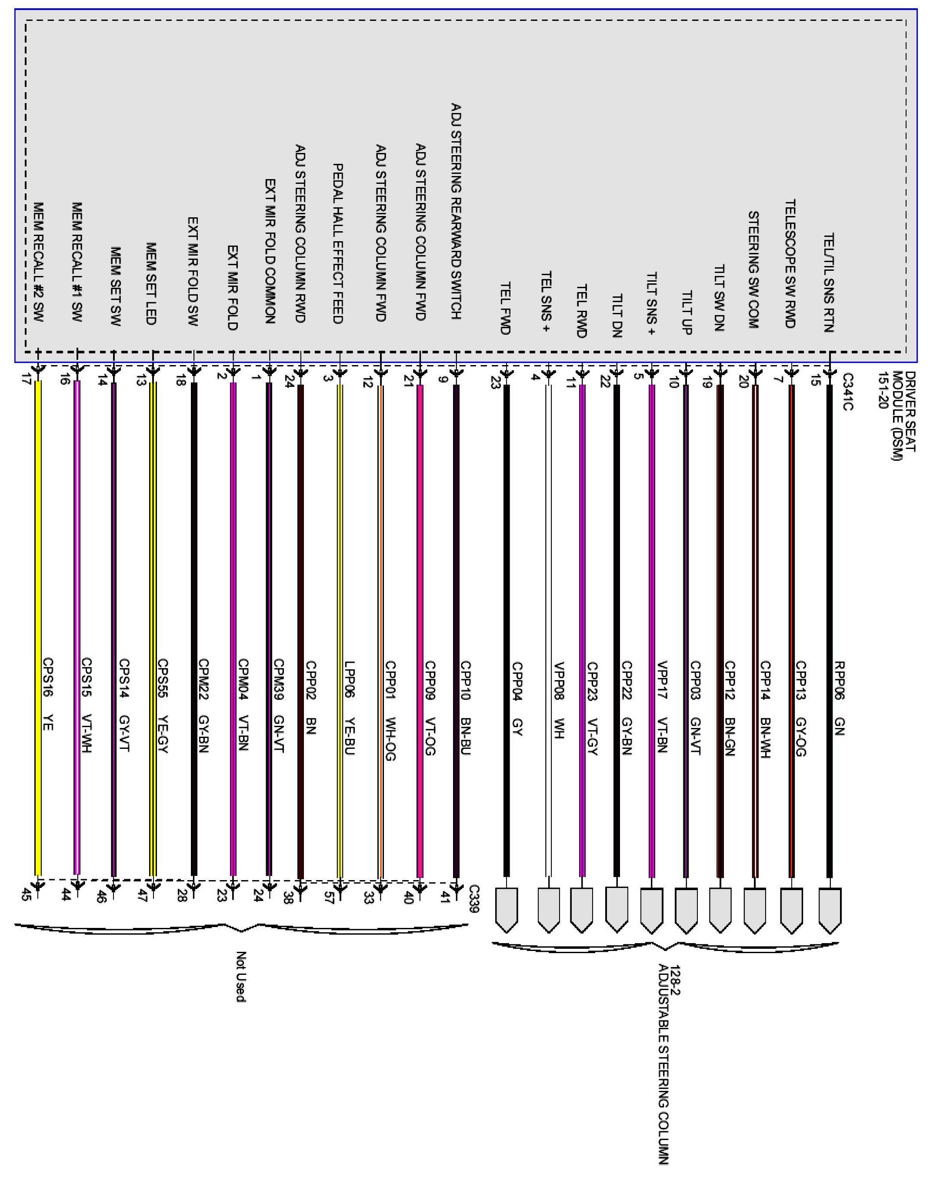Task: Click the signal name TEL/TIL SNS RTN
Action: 828,283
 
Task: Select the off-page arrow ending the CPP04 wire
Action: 507,910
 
